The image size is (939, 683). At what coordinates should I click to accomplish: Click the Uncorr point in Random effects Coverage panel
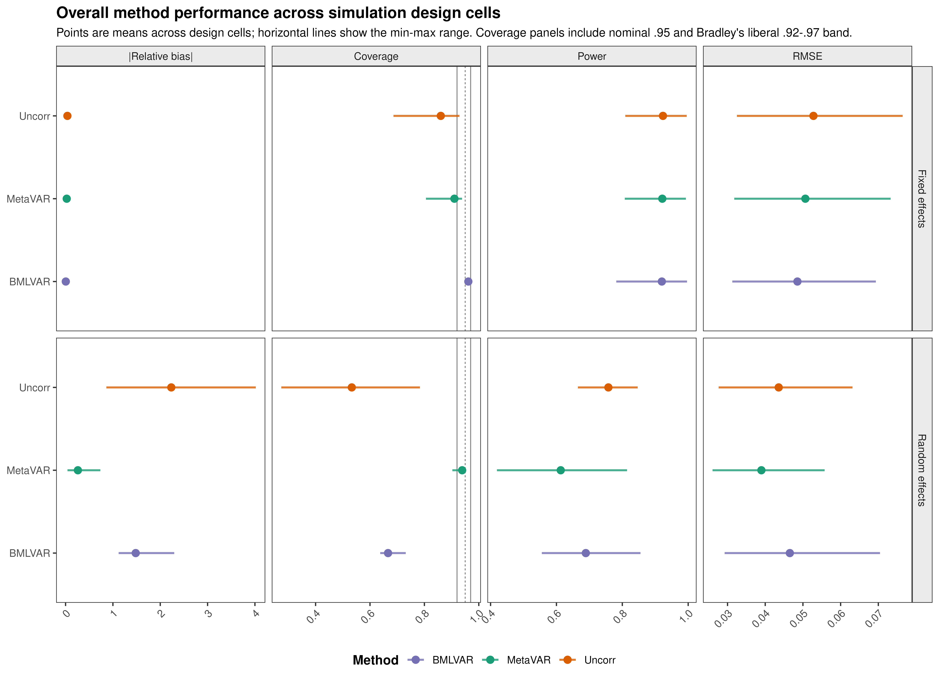[352, 387]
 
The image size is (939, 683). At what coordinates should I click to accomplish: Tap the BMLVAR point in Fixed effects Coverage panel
[468, 282]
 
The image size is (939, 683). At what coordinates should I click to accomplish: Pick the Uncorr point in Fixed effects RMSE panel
[813, 116]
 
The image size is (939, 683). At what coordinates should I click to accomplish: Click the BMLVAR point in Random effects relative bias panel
[135, 553]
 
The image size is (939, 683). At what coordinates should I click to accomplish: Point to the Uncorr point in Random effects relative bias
[171, 387]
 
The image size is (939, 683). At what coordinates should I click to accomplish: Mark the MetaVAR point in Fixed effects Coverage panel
[454, 199]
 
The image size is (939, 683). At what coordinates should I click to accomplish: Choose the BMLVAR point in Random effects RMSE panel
[789, 553]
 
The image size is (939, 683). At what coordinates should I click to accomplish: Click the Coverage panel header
[376, 56]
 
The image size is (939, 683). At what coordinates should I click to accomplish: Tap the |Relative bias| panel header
[161, 56]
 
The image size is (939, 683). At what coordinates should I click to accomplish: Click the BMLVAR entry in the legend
[452, 660]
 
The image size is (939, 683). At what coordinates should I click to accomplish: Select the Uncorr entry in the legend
[600, 660]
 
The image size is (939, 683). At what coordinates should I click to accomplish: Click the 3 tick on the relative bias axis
[208, 613]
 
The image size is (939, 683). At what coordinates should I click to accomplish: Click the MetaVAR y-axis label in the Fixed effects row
[28, 199]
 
